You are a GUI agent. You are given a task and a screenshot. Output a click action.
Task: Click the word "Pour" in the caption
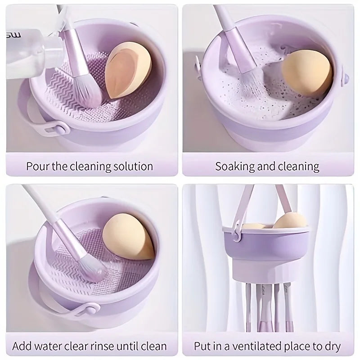37,166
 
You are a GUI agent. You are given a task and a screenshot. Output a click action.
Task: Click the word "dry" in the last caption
331,346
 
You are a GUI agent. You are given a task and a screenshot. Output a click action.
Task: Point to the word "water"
54,346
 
